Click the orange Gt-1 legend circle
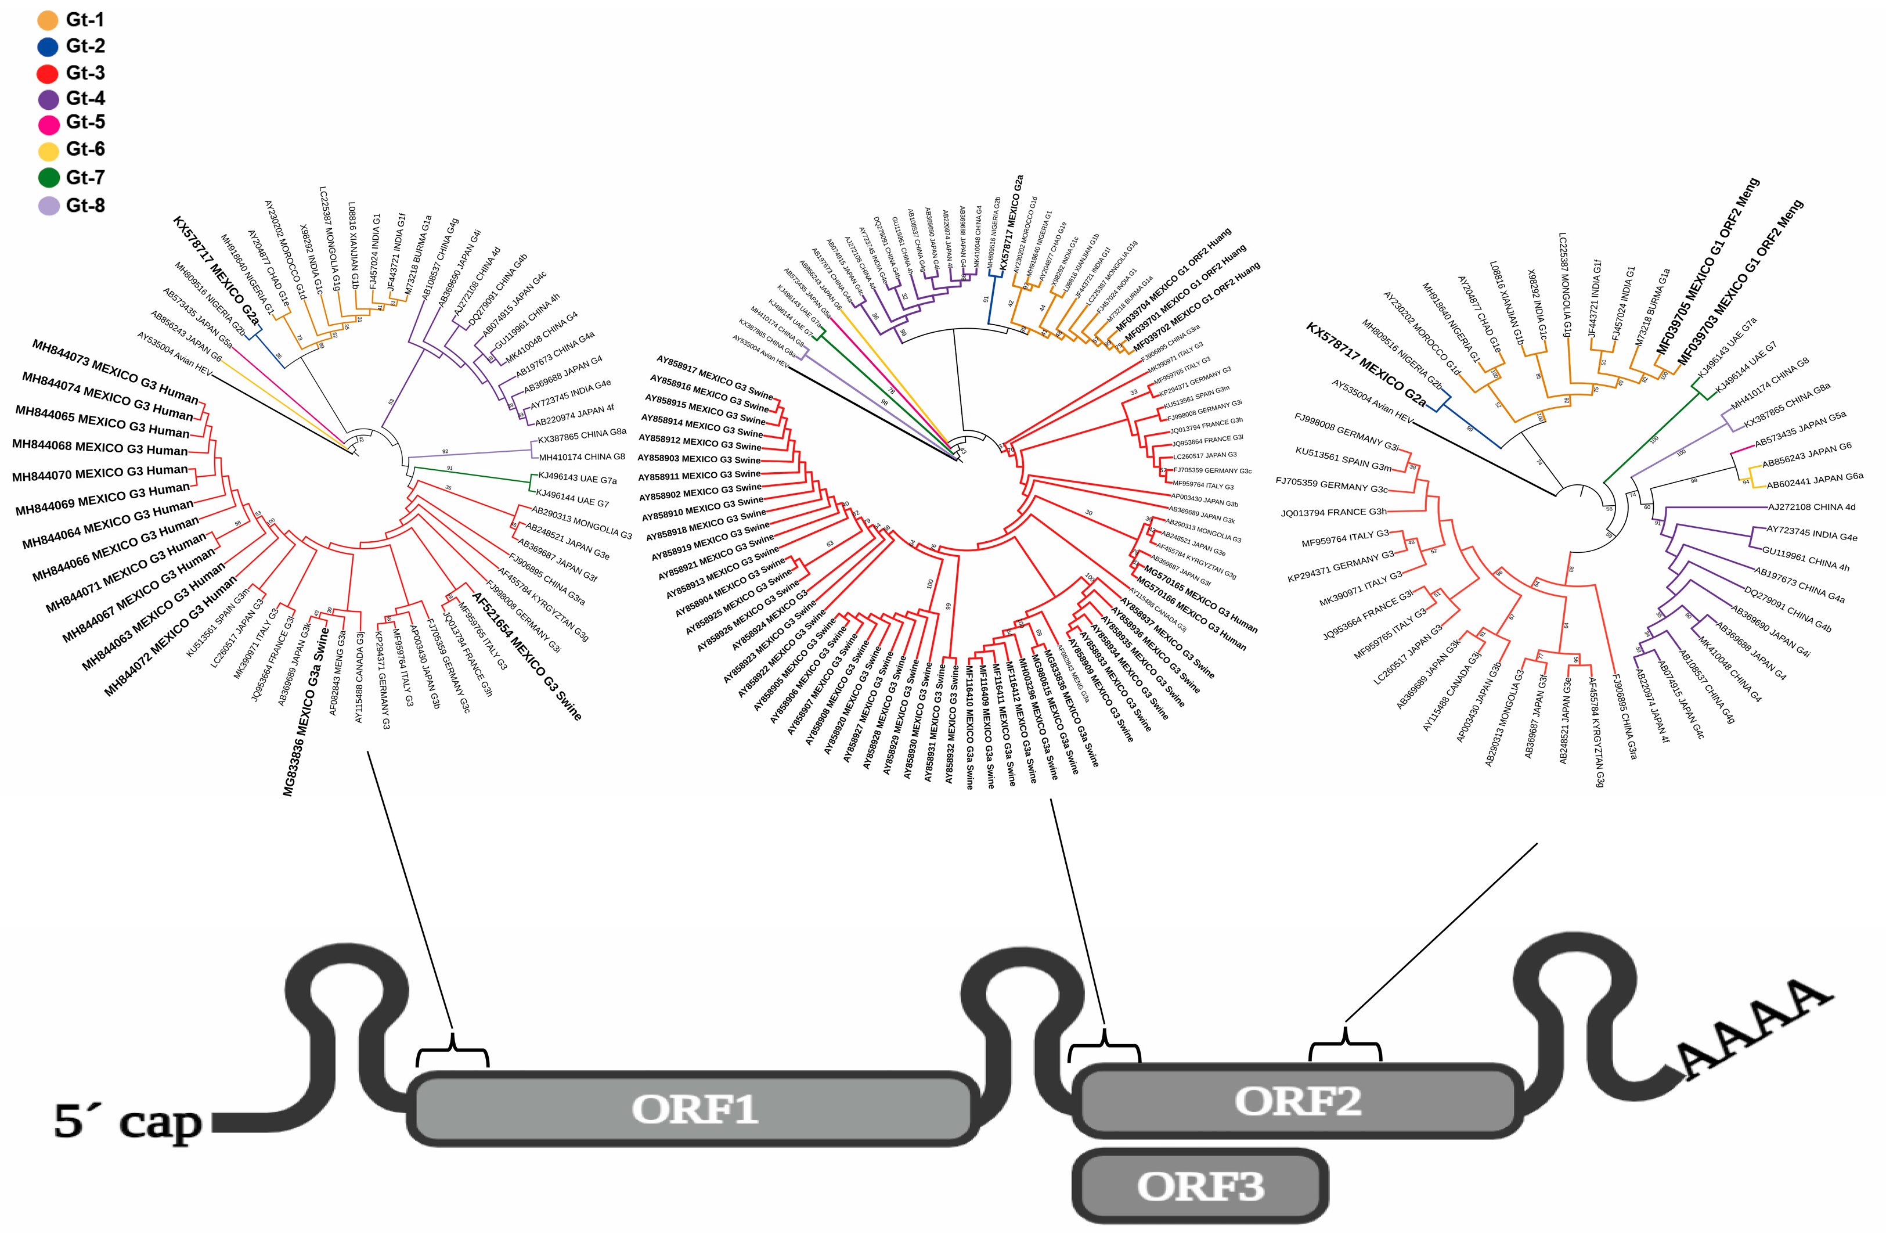(x=48, y=20)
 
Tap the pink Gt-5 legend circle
(x=48, y=124)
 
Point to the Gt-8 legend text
(x=85, y=205)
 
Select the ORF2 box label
(x=1297, y=1101)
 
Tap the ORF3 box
(x=1200, y=1186)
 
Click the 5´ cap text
(x=127, y=1121)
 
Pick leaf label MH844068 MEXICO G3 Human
(x=100, y=448)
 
